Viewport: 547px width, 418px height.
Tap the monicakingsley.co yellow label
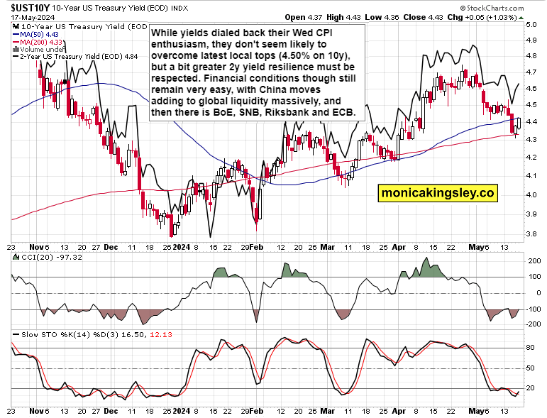coord(437,192)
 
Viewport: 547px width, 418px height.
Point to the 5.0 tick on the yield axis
coord(531,25)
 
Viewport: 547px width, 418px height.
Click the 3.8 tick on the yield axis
coord(531,233)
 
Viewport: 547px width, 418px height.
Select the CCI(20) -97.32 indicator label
coord(42,256)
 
